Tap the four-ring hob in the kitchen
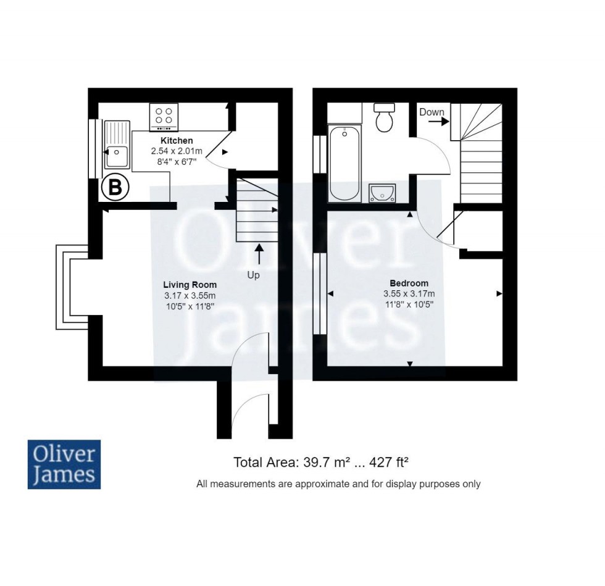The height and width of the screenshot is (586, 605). pos(164,116)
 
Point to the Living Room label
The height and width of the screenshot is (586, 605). pos(190,285)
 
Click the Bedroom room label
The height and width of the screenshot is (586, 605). pos(409,283)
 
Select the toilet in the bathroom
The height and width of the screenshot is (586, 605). pos(385,117)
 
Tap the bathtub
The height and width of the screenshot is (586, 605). pos(344,163)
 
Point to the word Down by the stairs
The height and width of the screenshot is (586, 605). pos(432,112)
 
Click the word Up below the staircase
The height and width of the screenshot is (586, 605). pos(253,275)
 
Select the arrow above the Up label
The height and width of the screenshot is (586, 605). pos(259,255)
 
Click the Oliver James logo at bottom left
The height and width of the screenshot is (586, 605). pos(64,464)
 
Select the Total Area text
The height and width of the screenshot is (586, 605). pos(322,462)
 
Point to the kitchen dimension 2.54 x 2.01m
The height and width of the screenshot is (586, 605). pos(177,151)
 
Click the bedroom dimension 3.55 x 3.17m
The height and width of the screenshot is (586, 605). pos(409,293)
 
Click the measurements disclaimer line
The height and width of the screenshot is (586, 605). pos(338,484)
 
